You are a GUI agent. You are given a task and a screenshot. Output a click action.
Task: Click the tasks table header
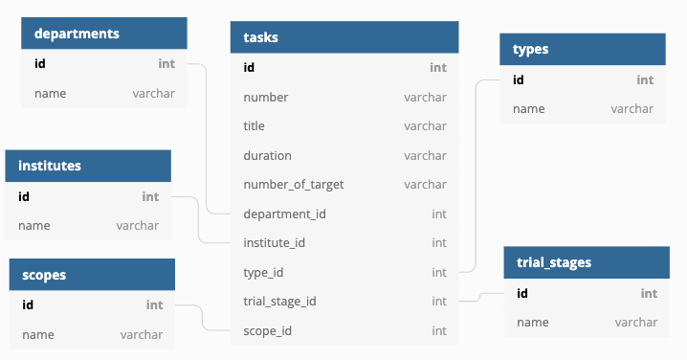coord(261,37)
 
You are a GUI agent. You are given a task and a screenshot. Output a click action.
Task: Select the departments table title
coord(77,34)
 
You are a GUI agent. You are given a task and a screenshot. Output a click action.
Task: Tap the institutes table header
coord(50,166)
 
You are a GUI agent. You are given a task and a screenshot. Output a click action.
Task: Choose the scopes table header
coord(44,275)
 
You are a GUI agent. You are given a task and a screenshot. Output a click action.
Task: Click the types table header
coord(531,49)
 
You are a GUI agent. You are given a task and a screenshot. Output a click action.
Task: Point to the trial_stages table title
coord(554,262)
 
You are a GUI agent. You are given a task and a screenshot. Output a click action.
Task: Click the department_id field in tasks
coord(285,214)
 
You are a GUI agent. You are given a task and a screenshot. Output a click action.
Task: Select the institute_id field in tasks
coord(275,243)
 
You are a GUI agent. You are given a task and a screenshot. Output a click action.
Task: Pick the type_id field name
coord(265,273)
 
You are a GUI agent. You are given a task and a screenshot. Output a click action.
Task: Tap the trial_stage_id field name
coord(280,302)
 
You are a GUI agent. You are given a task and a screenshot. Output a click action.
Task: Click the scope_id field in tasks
coord(268,331)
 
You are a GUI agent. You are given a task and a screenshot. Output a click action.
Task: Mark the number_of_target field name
coord(294,185)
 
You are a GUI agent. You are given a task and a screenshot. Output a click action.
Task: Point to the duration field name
coord(268,155)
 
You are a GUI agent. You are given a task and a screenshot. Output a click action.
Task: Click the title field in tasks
coord(255,125)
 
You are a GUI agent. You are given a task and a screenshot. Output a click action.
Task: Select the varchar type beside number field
coord(425,97)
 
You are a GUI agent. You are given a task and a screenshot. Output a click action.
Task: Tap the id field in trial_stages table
coord(522,293)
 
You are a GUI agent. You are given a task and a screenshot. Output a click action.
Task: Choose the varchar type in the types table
coord(632,109)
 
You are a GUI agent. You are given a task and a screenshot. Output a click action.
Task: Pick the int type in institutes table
coord(150,196)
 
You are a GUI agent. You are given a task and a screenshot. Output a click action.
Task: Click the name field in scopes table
coord(38,335)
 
